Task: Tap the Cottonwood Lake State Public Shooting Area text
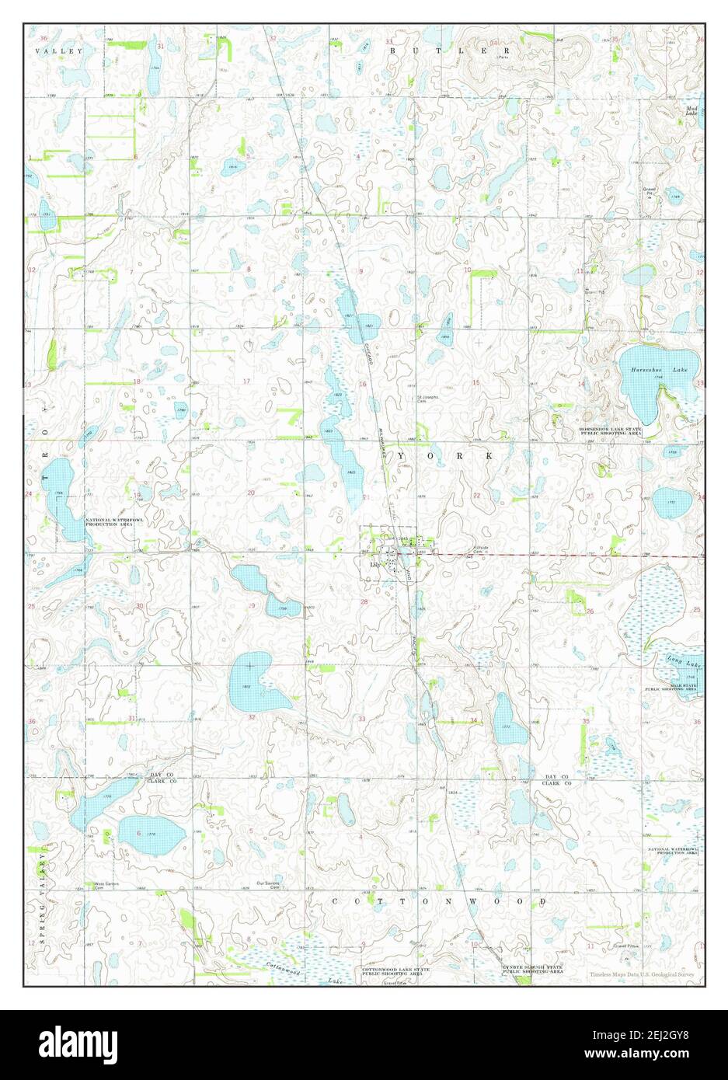pyautogui.click(x=395, y=971)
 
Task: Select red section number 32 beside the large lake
pyautogui.click(x=252, y=717)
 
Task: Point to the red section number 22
pyautogui.click(x=475, y=495)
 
